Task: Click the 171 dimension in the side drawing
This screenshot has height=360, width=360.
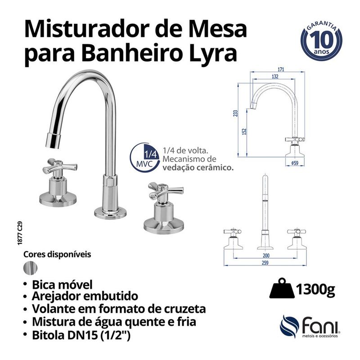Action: pos(281,69)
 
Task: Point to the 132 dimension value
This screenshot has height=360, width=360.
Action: pos(274,77)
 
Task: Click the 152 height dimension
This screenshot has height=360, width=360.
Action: pos(243,131)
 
